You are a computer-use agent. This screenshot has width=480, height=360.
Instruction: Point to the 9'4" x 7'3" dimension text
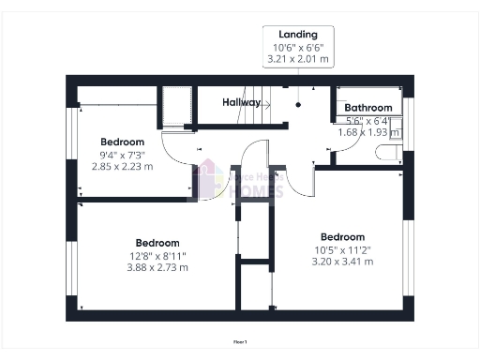point(122,155)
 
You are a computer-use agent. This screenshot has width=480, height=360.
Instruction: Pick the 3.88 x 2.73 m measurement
point(157,266)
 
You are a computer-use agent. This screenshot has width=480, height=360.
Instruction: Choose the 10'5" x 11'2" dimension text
point(342,249)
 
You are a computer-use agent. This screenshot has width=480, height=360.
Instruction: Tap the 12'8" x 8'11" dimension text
point(157,254)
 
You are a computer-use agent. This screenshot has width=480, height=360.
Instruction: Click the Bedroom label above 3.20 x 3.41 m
point(342,237)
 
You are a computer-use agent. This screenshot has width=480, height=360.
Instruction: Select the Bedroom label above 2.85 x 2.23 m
point(122,142)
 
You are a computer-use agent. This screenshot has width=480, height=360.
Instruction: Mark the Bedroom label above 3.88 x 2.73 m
point(157,242)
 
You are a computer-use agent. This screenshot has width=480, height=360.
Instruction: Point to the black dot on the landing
point(298,104)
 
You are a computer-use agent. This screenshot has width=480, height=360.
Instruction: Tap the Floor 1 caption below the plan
point(240,343)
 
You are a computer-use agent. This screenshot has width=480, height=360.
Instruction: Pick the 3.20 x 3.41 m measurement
point(342,262)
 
